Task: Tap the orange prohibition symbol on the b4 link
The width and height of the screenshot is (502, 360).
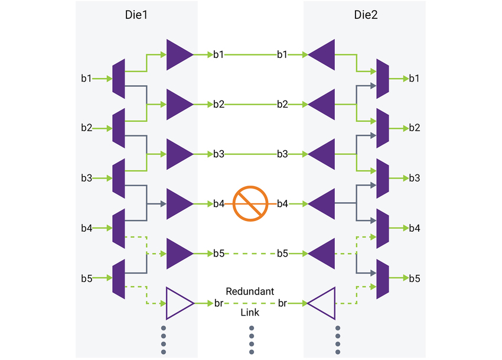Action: pos(251,204)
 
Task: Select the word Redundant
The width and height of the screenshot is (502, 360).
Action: pos(250,292)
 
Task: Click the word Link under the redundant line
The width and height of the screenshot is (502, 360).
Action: pos(250,313)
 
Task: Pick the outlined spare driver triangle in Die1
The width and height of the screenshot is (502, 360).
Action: pos(180,303)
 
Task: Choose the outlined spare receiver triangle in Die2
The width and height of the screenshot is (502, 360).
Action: pos(322,303)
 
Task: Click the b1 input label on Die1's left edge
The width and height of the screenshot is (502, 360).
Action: pos(86,78)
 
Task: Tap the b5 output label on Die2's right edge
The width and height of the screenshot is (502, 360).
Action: pos(415,278)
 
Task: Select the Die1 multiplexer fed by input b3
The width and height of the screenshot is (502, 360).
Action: pos(119,178)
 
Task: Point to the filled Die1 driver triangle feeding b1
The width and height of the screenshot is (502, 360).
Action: pos(180,54)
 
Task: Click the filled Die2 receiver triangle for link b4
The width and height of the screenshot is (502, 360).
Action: pos(322,204)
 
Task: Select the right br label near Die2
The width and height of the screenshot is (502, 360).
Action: pos(283,303)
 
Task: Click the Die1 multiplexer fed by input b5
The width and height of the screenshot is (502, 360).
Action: pos(119,278)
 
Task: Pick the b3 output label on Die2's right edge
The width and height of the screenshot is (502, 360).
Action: pos(415,178)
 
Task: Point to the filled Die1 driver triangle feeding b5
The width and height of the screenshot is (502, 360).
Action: pos(180,254)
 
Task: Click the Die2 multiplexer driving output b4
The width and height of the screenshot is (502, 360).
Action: pos(382,228)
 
